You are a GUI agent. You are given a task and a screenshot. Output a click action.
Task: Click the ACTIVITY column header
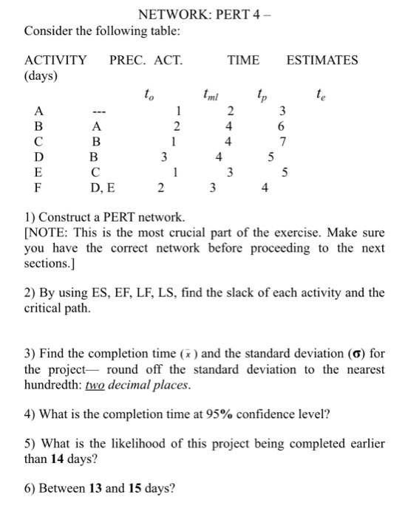click(55, 60)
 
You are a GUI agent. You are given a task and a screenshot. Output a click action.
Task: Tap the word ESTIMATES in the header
click(322, 60)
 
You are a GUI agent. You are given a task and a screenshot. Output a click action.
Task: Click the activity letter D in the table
click(38, 157)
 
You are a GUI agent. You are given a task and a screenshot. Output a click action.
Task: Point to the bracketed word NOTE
click(47, 234)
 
